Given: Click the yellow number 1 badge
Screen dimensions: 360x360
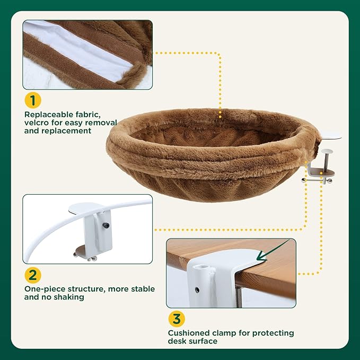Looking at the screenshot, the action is pos(33,100).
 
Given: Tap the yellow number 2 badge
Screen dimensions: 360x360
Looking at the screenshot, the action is pos(33,275).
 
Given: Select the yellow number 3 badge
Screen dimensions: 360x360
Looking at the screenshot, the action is pos(177,319).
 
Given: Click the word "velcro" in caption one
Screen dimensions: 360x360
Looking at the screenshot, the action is pos(37,122).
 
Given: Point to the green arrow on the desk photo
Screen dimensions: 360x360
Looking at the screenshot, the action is pos(272,250).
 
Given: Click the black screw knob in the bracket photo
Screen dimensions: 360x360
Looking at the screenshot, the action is pos(106,225).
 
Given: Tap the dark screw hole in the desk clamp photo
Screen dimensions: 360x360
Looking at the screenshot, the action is pos(197,290).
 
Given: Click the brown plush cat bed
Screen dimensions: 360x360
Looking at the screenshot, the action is pos(213,154).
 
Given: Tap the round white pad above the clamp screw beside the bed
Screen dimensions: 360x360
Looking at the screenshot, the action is pos(328,152).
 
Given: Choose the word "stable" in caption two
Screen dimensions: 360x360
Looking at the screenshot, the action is pos(143,289).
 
